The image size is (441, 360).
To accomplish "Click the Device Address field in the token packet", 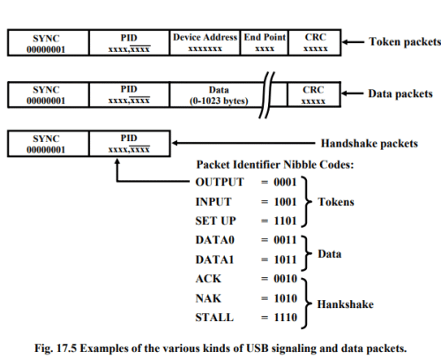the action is pyautogui.click(x=205, y=42).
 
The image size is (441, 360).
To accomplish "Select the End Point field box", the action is pyautogui.click(x=265, y=42).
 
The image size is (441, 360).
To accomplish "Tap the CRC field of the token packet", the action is pyautogui.click(x=315, y=42).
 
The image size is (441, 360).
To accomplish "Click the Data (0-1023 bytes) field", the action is pyautogui.click(x=219, y=94).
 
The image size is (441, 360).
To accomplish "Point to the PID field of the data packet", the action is pyautogui.click(x=129, y=94).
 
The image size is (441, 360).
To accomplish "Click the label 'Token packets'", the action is pyautogui.click(x=405, y=41).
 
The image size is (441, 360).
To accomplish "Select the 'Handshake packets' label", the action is pyautogui.click(x=370, y=144).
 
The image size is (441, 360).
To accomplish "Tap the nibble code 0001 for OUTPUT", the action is pyautogui.click(x=285, y=182).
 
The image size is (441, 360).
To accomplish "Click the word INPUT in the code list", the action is pyautogui.click(x=213, y=202).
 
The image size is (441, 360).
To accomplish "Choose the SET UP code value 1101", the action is pyautogui.click(x=285, y=221).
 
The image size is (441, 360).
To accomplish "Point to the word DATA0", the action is pyautogui.click(x=215, y=240).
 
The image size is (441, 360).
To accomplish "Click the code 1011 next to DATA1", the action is pyautogui.click(x=285, y=259).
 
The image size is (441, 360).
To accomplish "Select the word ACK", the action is pyautogui.click(x=208, y=279).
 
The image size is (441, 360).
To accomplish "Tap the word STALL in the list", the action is pyautogui.click(x=214, y=318).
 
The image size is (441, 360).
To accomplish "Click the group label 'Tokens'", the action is pyautogui.click(x=336, y=202).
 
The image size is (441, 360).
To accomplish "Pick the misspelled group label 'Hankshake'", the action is pyautogui.click(x=346, y=304).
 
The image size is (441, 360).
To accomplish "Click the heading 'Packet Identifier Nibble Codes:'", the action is pyautogui.click(x=275, y=165).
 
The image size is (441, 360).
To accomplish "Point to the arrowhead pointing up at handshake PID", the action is pyautogui.click(x=117, y=161).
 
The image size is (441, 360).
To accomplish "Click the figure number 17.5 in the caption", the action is pyautogui.click(x=66, y=349).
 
